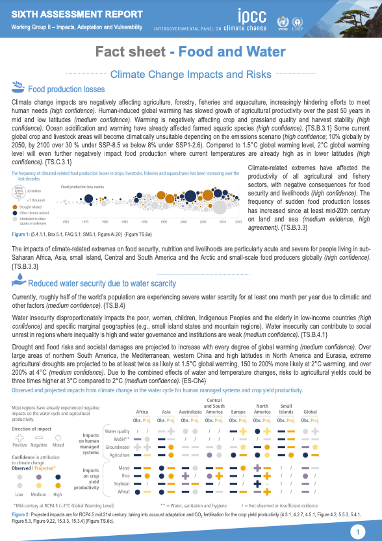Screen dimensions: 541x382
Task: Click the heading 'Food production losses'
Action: click(66, 90)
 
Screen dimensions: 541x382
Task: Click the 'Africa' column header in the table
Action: click(142, 412)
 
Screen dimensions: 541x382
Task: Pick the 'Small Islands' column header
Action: click(286, 409)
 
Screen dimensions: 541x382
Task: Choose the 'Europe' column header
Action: click(238, 412)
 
